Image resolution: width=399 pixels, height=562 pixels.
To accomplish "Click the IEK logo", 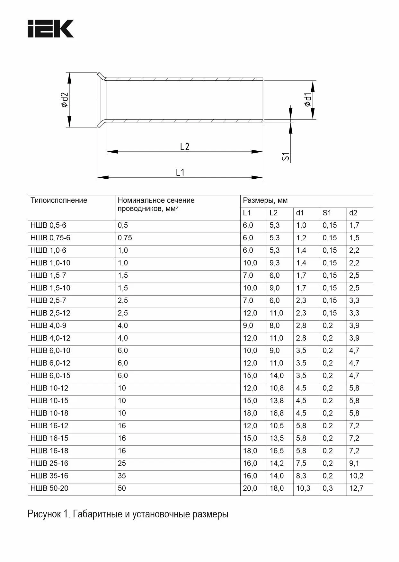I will pyautogui.click(x=51, y=29).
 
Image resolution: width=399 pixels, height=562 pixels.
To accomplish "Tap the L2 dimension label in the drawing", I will pyautogui.click(x=185, y=147).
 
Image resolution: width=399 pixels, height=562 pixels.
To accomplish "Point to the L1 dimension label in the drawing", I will pyautogui.click(x=180, y=173).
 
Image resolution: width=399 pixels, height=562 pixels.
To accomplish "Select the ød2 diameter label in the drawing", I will pyautogui.click(x=65, y=100).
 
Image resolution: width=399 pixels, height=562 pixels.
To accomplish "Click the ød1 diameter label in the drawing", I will pyautogui.click(x=307, y=100).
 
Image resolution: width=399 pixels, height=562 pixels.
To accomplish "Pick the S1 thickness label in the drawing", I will pyautogui.click(x=286, y=156).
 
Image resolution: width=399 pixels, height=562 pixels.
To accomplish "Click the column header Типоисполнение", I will pyautogui.click(x=59, y=201).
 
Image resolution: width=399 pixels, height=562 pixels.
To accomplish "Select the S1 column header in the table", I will pyautogui.click(x=327, y=213).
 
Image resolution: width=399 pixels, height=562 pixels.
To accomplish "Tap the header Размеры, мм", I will pyautogui.click(x=265, y=201).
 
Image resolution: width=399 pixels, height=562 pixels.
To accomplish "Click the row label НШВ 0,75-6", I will pyautogui.click(x=50, y=238).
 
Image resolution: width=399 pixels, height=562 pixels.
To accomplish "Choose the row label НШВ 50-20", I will pyautogui.click(x=49, y=488).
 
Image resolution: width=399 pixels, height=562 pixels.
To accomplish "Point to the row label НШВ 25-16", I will pyautogui.click(x=49, y=463).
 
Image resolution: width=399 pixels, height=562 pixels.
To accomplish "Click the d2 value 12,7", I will pyautogui.click(x=356, y=488).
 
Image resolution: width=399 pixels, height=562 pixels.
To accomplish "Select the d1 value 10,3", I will pyautogui.click(x=303, y=488).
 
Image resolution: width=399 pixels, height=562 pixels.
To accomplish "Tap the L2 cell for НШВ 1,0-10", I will pyautogui.click(x=275, y=263).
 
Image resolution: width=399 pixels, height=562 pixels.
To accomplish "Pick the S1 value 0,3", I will pyautogui.click(x=328, y=488).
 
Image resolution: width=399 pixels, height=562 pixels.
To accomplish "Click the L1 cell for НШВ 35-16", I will pyautogui.click(x=250, y=476).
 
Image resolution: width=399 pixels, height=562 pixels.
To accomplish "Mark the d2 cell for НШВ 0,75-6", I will pyautogui.click(x=354, y=238).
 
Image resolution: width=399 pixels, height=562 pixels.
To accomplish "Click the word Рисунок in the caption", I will pyautogui.click(x=44, y=514).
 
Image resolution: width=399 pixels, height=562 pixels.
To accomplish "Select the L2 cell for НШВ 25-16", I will pyautogui.click(x=277, y=463).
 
